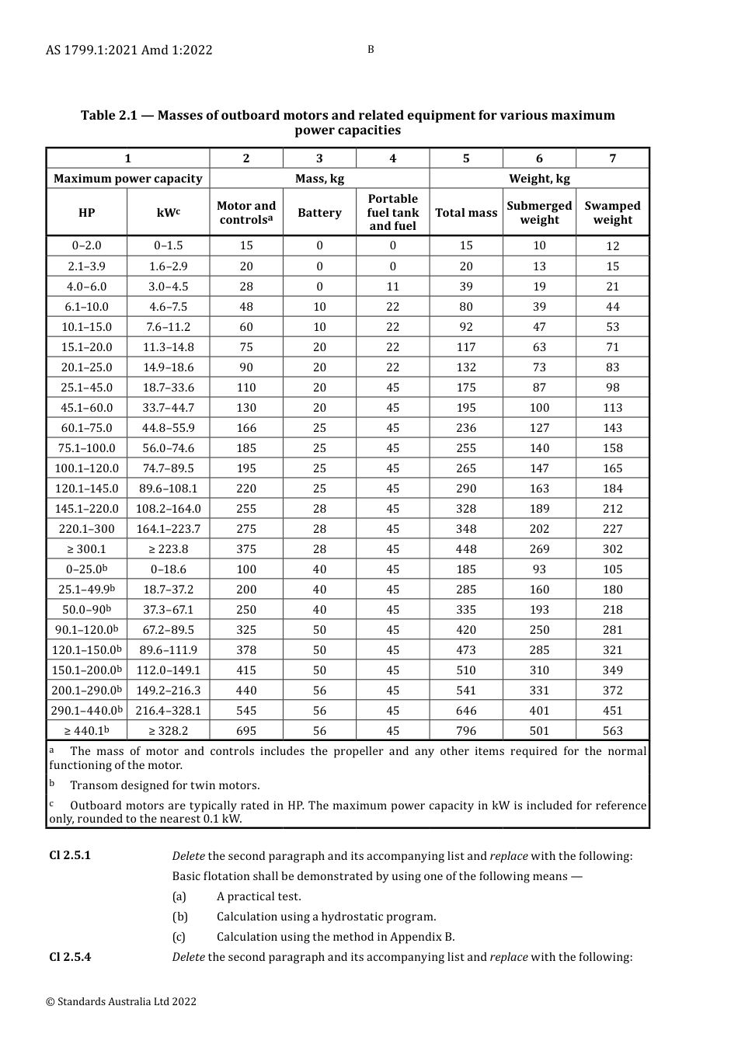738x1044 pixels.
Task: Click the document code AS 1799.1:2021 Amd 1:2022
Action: click(129, 50)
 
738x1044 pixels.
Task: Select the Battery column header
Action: click(319, 213)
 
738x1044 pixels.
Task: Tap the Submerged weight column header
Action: click(539, 213)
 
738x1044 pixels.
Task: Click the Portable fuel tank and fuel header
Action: click(392, 213)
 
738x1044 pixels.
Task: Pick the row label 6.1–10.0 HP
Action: click(87, 307)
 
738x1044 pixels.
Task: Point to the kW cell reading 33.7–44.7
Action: click(169, 408)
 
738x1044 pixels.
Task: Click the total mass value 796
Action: click(466, 731)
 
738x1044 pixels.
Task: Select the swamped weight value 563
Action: click(612, 731)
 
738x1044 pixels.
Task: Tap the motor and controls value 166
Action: click(246, 428)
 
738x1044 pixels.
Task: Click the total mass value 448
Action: click(466, 549)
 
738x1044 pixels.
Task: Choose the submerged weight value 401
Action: click(539, 711)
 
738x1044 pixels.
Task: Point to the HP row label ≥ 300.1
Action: click(87, 549)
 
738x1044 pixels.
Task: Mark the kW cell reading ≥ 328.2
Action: click(169, 731)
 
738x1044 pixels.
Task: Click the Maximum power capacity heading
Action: click(128, 179)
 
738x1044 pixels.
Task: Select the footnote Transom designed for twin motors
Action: click(165, 785)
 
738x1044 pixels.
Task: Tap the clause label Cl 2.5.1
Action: click(70, 855)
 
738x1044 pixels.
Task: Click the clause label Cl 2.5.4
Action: click(70, 956)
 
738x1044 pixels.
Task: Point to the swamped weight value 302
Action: click(612, 549)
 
